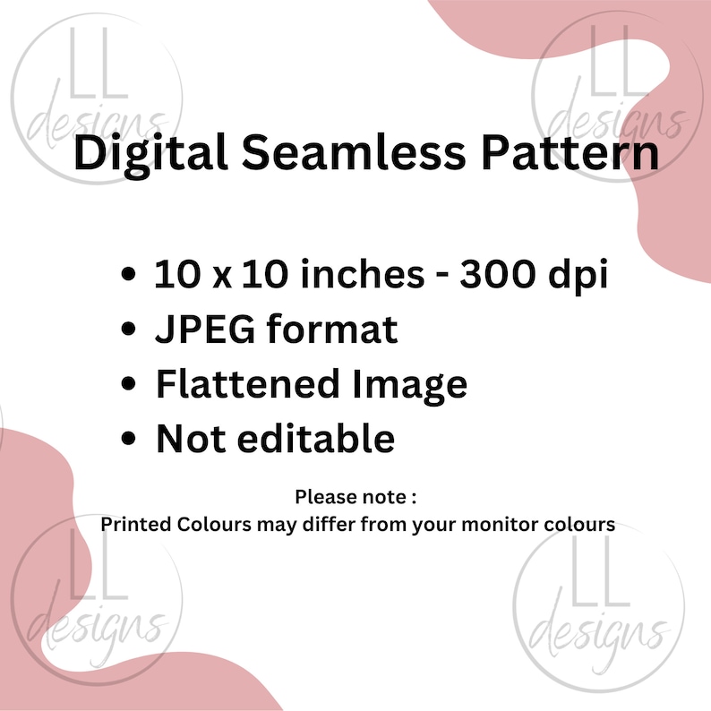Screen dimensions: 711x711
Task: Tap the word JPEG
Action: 204,330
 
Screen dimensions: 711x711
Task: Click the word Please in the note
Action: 321,495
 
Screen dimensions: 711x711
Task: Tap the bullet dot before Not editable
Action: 130,440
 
